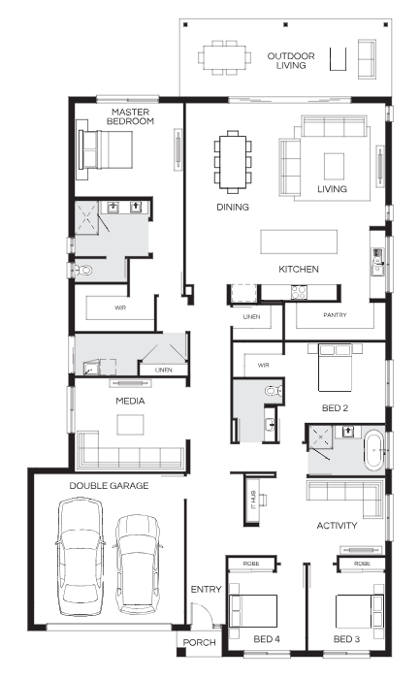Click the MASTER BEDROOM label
click(130, 117)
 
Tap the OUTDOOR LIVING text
click(291, 60)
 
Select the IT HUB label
click(254, 500)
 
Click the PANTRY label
click(335, 315)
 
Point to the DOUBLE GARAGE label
click(109, 485)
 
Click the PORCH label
click(199, 642)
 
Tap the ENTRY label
click(206, 589)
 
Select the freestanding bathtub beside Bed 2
click(373, 450)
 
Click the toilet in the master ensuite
click(83, 271)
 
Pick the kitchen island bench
click(299, 242)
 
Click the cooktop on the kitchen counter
click(299, 292)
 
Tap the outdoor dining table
click(224, 57)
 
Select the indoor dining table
click(233, 162)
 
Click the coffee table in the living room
click(335, 166)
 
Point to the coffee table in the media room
click(130, 425)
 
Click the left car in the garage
click(81, 557)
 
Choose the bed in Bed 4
click(253, 611)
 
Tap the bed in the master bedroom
click(106, 150)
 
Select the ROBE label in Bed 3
click(362, 564)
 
